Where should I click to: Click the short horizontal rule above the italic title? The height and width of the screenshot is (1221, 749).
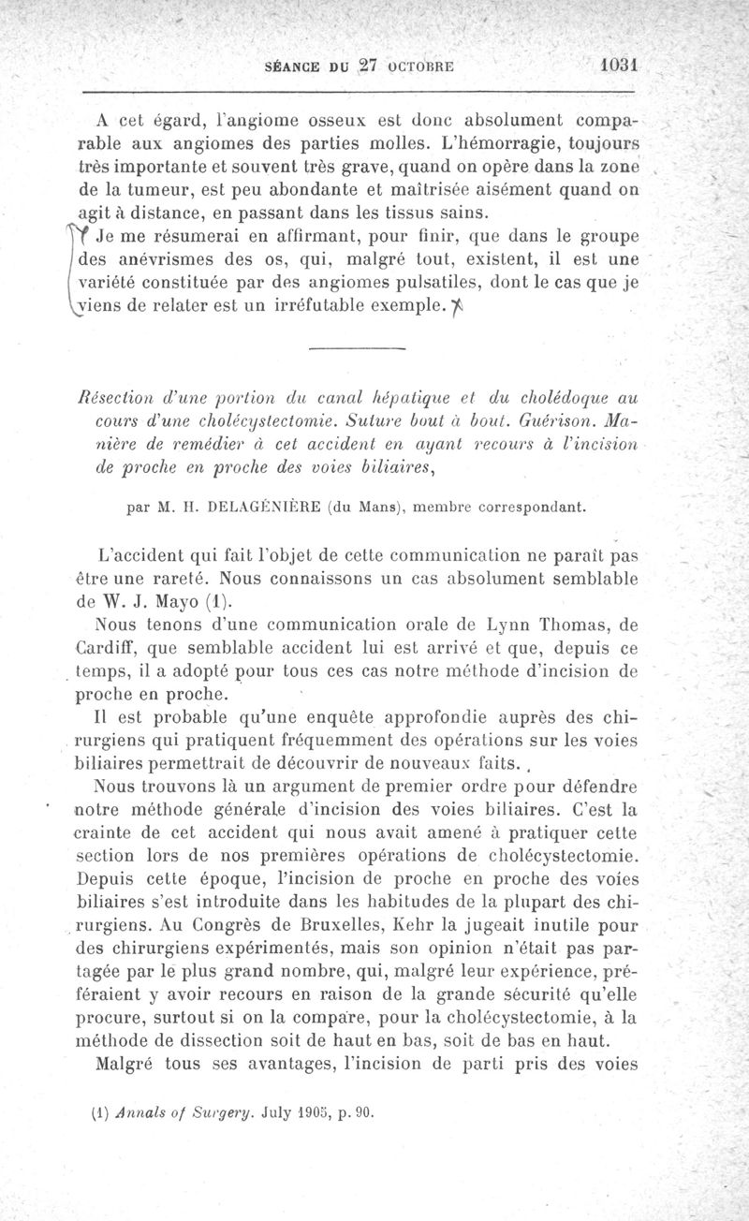coord(354,349)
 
